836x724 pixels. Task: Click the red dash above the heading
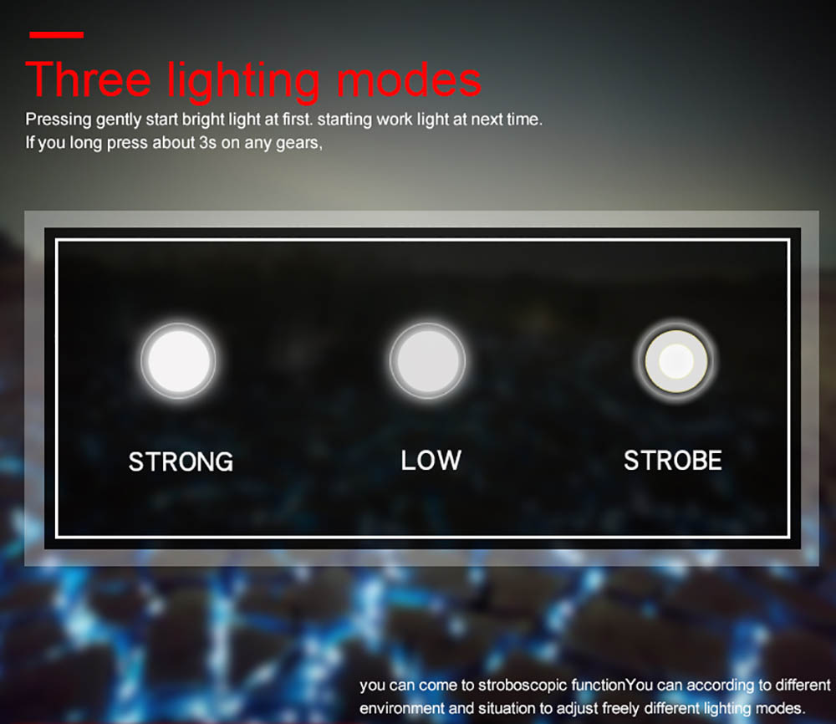[57, 35]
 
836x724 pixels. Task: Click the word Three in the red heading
[89, 80]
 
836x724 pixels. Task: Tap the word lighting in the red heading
[243, 82]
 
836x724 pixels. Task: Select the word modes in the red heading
[409, 80]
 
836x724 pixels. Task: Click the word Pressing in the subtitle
[59, 120]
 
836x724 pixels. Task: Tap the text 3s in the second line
[208, 143]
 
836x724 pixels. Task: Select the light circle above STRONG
[179, 361]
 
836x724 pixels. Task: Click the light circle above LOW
[427, 361]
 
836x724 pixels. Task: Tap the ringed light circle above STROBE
[676, 361]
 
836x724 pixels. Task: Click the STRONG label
[181, 461]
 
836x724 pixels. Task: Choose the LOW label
[431, 460]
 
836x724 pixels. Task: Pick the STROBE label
[673, 460]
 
